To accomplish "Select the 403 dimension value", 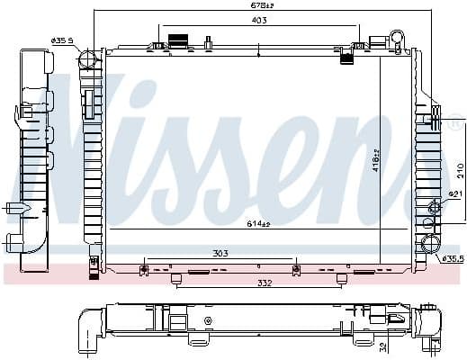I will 257,20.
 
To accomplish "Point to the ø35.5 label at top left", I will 62,40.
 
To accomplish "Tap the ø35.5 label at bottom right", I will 451,259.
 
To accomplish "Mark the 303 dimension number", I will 219,255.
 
